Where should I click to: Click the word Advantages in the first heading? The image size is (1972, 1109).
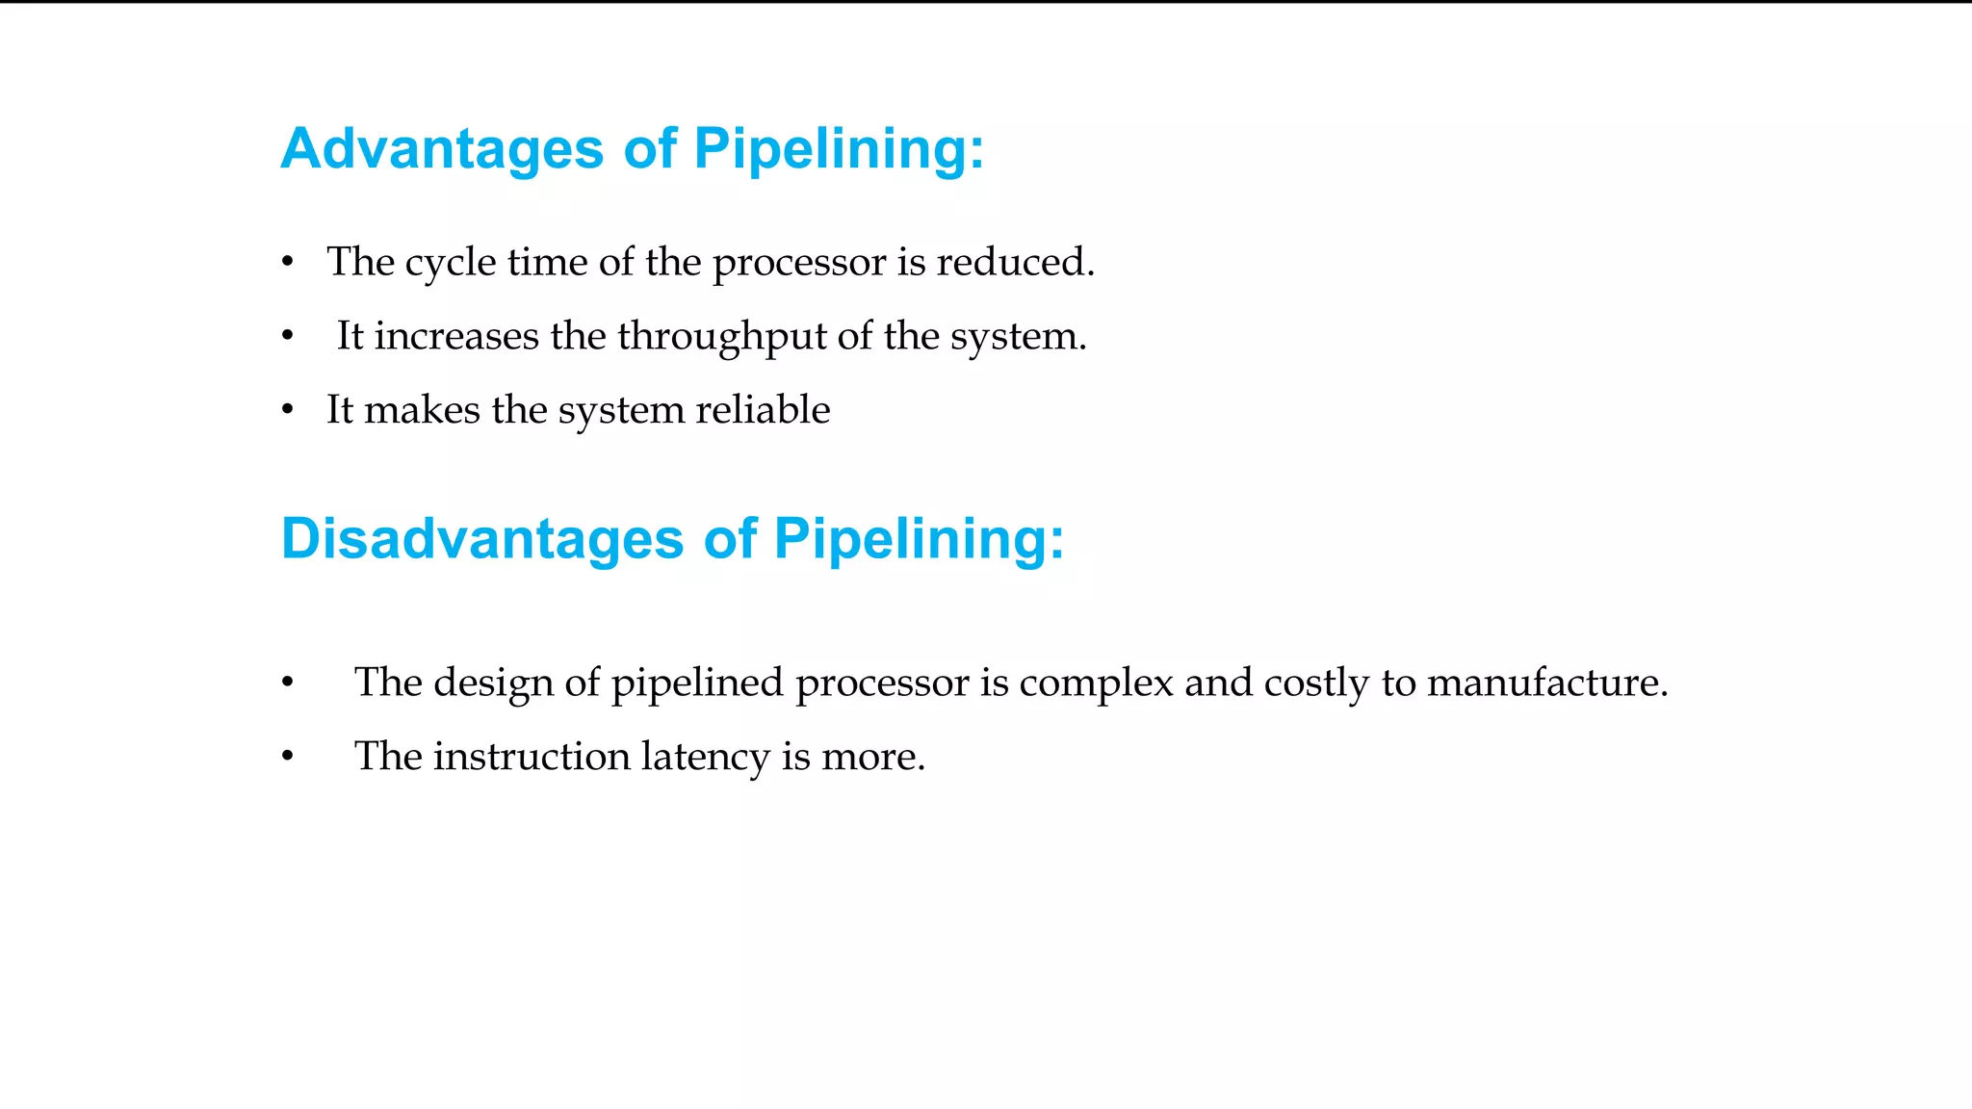pyautogui.click(x=442, y=149)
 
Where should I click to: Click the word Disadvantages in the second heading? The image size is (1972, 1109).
pyautogui.click(x=481, y=538)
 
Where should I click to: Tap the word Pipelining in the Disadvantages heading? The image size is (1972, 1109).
pyautogui.click(x=919, y=538)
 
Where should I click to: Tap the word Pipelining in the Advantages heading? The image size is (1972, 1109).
pyautogui.click(x=839, y=149)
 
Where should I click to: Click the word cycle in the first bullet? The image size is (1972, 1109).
pyautogui.click(x=450, y=263)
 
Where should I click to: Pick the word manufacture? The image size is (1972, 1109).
pyautogui.click(x=1546, y=683)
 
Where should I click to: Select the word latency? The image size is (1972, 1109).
pyautogui.click(x=705, y=757)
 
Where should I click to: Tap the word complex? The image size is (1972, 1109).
pyautogui.click(x=1096, y=683)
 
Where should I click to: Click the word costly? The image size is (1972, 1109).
pyautogui.click(x=1316, y=683)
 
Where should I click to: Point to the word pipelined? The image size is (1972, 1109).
pyautogui.click(x=697, y=683)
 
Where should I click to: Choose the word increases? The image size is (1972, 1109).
pyautogui.click(x=456, y=337)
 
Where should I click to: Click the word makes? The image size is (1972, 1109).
pyautogui.click(x=422, y=410)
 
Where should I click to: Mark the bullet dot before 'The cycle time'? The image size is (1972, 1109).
pyautogui.click(x=287, y=262)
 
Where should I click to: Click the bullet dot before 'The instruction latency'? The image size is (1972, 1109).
pyautogui.click(x=287, y=757)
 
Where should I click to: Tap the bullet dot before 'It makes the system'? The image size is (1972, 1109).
pyautogui.click(x=287, y=410)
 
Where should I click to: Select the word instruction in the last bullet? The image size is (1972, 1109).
pyautogui.click(x=532, y=757)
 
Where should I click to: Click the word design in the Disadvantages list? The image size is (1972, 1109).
pyautogui.click(x=492, y=683)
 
